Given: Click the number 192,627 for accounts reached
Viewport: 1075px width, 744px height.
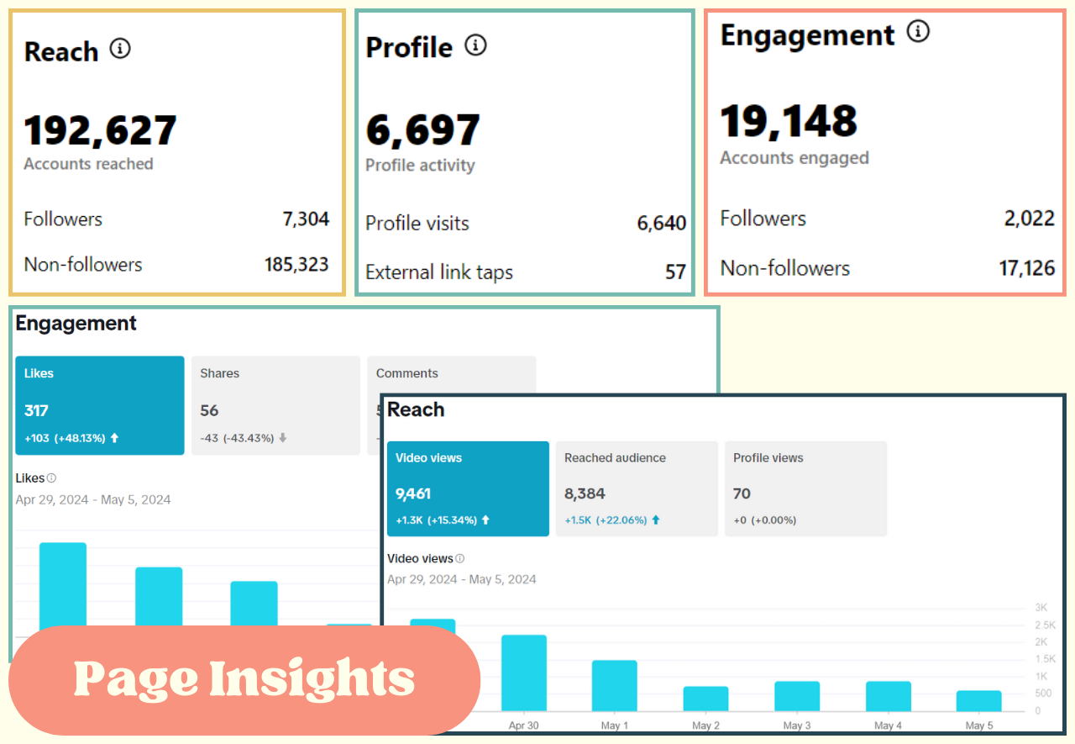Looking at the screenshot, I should (x=100, y=130).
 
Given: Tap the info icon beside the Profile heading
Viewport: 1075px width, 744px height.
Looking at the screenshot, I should (x=475, y=45).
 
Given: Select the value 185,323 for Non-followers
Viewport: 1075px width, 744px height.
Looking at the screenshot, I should (x=296, y=265).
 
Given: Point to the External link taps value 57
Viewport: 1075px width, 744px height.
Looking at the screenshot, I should (x=675, y=272).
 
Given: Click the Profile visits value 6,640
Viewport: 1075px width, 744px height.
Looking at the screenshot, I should (x=661, y=224).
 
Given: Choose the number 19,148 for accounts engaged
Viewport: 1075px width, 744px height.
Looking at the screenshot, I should (x=789, y=122).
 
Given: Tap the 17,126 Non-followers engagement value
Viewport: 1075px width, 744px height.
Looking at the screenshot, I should (x=1026, y=269).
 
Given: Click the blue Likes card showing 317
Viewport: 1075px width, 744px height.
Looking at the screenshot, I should (x=99, y=405).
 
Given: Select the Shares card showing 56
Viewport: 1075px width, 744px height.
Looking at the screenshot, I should (x=275, y=405).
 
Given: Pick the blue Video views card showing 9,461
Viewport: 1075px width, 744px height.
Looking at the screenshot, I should (x=468, y=488).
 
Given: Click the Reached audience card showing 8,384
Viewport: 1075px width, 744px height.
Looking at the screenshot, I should (x=637, y=488).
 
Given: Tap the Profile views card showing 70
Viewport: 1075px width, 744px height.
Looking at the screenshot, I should (x=805, y=488).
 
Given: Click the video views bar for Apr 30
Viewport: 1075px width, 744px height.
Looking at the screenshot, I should (x=523, y=673).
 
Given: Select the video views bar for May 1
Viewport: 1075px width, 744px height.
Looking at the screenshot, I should (x=614, y=685).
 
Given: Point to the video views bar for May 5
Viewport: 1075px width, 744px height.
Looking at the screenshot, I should (x=978, y=700).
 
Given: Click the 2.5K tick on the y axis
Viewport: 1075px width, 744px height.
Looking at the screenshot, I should (x=1045, y=625).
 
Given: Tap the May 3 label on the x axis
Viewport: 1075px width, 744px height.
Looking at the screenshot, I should (x=796, y=726).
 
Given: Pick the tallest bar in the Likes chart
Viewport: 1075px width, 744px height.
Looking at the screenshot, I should (x=63, y=584).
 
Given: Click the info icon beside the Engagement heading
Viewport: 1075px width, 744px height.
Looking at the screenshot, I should (x=918, y=33).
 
